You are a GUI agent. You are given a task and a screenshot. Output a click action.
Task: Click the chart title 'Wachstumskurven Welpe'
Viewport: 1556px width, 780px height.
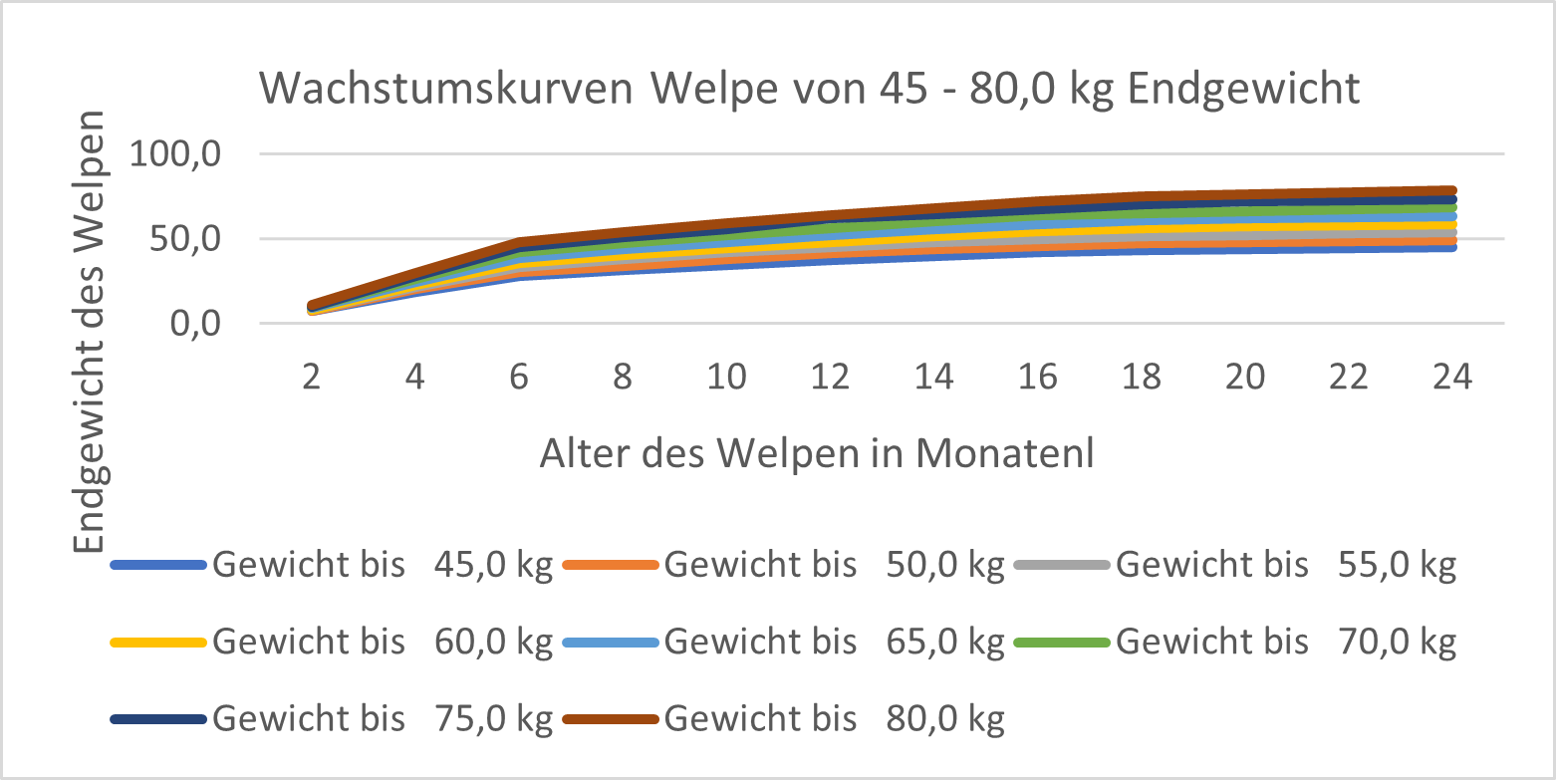tap(809, 90)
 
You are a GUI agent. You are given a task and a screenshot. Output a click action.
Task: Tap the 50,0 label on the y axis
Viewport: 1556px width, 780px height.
tap(189, 240)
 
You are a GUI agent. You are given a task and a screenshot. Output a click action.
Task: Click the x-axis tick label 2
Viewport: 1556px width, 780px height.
tap(312, 378)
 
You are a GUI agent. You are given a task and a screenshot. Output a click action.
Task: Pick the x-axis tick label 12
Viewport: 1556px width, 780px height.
tap(830, 378)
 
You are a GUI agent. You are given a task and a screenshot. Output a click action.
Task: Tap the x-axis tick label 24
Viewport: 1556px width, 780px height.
tap(1451, 378)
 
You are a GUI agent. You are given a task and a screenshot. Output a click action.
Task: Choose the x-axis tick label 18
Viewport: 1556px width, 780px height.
tap(1141, 378)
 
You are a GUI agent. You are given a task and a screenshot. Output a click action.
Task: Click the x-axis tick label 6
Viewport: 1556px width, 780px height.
tap(519, 378)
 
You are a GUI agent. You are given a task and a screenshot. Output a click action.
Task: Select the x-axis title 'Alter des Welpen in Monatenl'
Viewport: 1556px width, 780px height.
tap(817, 453)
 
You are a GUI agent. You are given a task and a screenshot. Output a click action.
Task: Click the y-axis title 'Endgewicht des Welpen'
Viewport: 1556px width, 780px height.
tap(91, 331)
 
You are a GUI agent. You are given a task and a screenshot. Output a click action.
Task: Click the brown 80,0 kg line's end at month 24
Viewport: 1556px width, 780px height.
tap(1451, 190)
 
